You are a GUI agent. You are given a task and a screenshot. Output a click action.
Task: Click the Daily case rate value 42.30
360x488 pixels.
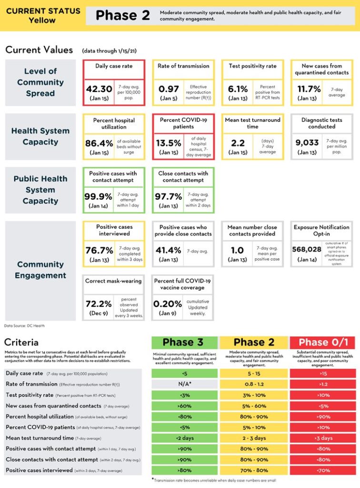[x=100, y=89]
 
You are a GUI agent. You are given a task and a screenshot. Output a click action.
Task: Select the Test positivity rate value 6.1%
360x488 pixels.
[x=238, y=89]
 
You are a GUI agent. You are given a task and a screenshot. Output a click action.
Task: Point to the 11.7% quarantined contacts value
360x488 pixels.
[x=307, y=89]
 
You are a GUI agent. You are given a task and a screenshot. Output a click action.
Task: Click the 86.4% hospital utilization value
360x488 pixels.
[x=99, y=142]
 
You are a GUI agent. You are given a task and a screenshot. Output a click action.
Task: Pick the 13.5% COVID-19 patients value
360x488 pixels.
[x=168, y=142]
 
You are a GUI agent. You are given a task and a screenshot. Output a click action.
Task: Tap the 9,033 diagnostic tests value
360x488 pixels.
[x=307, y=142]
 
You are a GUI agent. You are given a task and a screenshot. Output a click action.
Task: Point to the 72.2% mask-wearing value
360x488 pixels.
[x=99, y=304]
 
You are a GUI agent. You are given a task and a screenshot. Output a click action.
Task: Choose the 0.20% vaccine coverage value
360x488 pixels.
[x=168, y=304]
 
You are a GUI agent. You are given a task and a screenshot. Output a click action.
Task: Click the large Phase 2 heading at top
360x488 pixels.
[x=122, y=16]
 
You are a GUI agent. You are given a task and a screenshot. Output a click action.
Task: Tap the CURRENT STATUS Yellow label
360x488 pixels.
[x=43, y=16]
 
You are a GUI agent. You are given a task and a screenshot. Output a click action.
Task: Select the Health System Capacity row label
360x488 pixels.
[x=40, y=136]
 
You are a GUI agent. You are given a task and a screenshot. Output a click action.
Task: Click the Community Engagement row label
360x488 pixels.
[x=40, y=270]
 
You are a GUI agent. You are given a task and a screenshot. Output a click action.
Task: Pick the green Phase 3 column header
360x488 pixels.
[x=185, y=342]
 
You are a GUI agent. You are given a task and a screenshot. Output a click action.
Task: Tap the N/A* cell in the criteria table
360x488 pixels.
[x=185, y=384]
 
